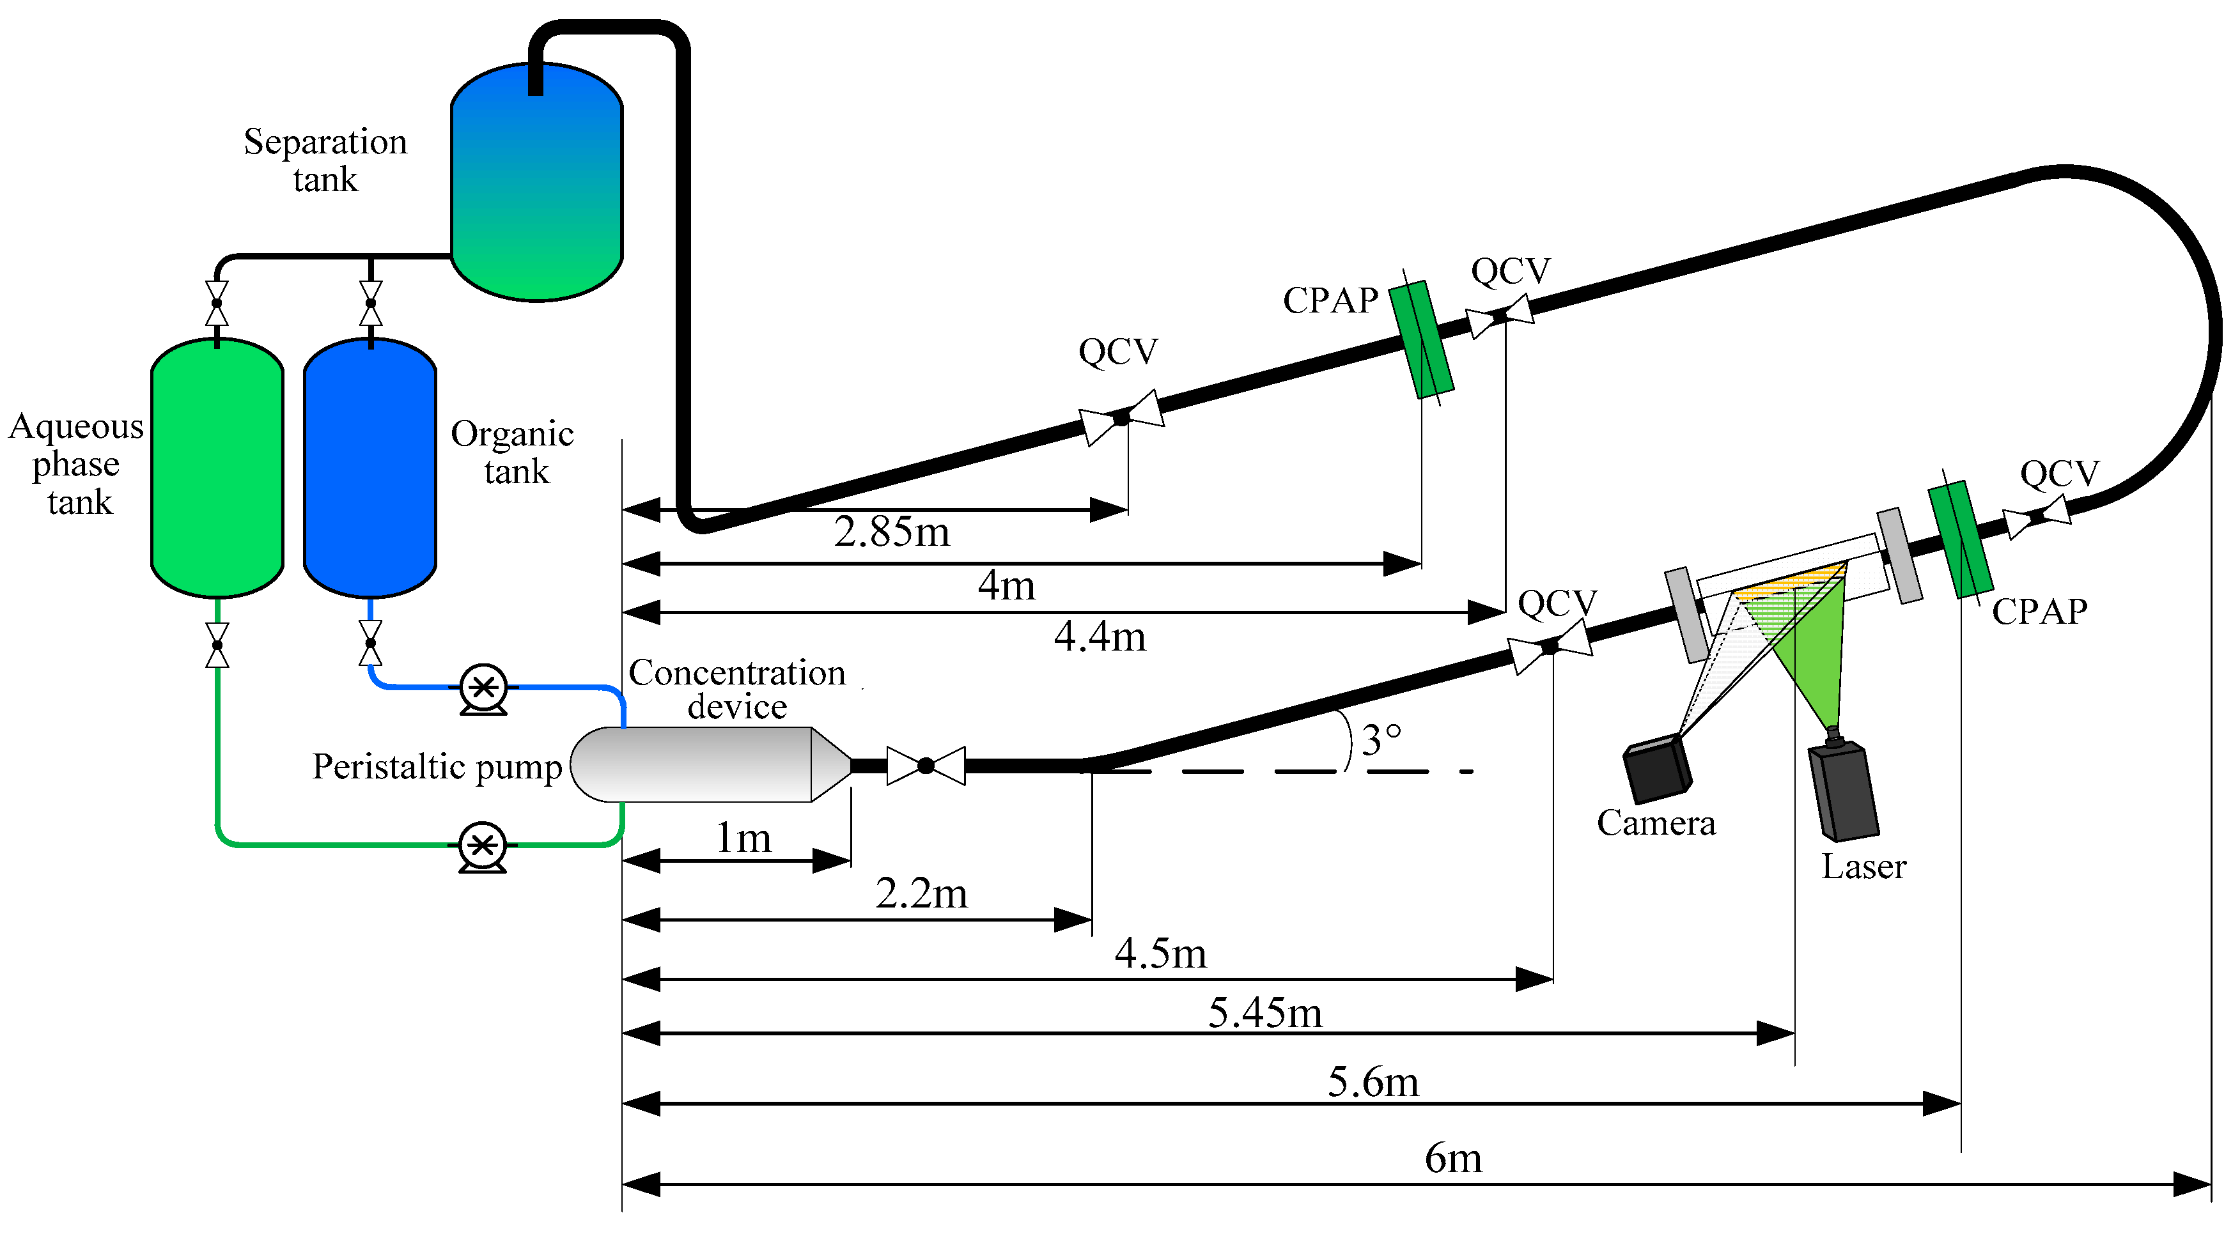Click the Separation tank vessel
(x=536, y=183)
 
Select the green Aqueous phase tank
(x=217, y=469)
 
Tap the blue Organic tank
(x=369, y=469)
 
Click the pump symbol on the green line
(x=483, y=846)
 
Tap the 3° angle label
(x=1381, y=741)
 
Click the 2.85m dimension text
(x=891, y=532)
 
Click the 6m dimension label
(x=1453, y=1159)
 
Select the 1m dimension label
(x=743, y=838)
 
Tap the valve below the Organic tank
(x=370, y=643)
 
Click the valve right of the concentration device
(x=926, y=766)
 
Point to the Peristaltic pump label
(x=437, y=767)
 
